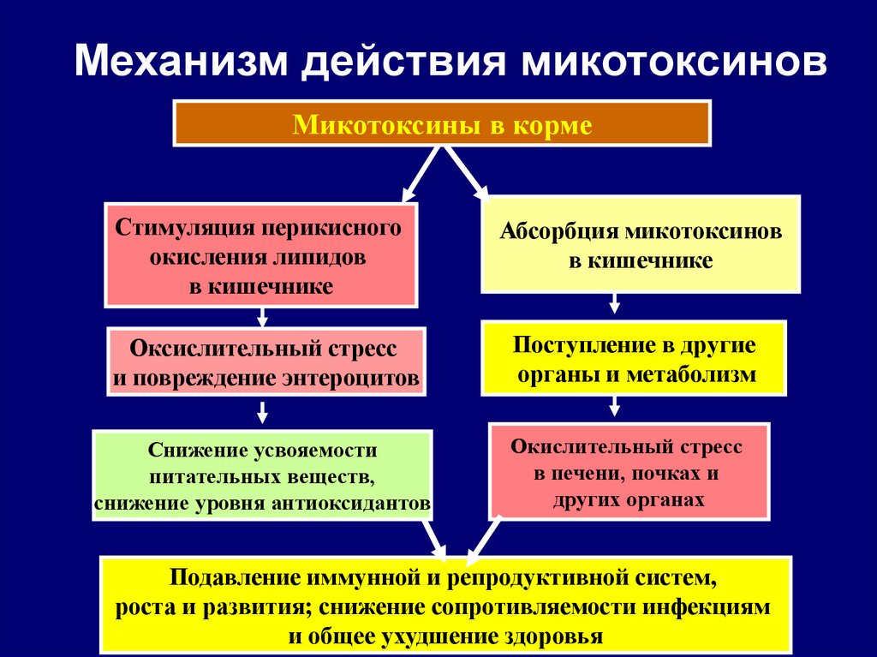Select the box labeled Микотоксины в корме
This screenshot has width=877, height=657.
tap(442, 123)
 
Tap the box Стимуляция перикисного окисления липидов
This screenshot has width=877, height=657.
tap(260, 255)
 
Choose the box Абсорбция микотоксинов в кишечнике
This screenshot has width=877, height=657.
tap(641, 245)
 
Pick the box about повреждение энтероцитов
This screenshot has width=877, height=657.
tap(265, 363)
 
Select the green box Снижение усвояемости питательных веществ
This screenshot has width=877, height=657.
tap(262, 475)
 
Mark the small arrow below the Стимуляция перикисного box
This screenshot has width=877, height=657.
tap(261, 318)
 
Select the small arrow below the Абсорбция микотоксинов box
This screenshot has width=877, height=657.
tap(614, 304)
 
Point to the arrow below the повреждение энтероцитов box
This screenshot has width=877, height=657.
tap(261, 412)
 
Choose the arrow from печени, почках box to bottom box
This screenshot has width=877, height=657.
tap(483, 537)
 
